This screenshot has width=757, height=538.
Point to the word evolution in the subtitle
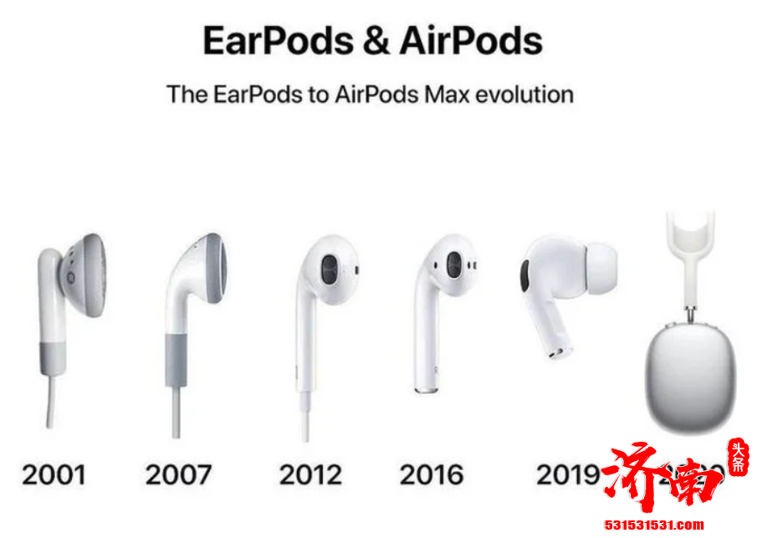(524, 94)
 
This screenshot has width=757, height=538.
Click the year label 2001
(54, 474)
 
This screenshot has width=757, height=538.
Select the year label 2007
(178, 474)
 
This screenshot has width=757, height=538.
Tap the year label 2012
(310, 474)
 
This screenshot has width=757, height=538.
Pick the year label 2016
(432, 474)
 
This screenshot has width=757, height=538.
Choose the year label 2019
(567, 474)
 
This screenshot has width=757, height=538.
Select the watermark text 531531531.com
(654, 526)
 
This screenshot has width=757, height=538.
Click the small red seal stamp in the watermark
(738, 456)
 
